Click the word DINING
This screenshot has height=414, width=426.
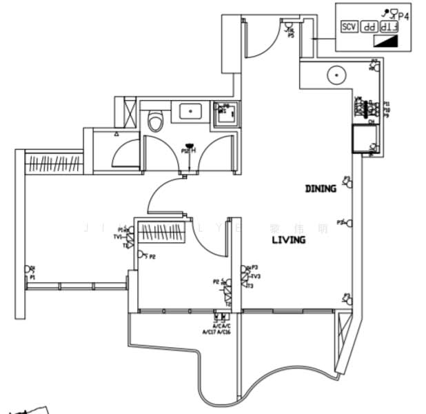pyautogui.click(x=321, y=188)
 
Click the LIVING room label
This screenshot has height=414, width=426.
pyautogui.click(x=288, y=239)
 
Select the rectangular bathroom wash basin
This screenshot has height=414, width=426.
pyautogui.click(x=187, y=110)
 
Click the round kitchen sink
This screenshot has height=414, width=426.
pyautogui.click(x=336, y=75)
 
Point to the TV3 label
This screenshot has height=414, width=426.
pyautogui.click(x=254, y=277)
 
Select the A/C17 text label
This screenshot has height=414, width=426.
pyautogui.click(x=209, y=332)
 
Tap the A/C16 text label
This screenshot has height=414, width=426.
pyautogui.click(x=225, y=332)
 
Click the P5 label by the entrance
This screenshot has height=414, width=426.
pyautogui.click(x=291, y=35)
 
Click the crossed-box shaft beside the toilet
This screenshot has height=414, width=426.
pyautogui.click(x=129, y=110)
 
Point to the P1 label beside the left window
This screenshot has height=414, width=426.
pyautogui.click(x=32, y=277)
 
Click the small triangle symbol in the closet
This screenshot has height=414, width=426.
pyautogui.click(x=117, y=135)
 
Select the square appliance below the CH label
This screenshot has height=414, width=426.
pyautogui.click(x=362, y=139)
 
